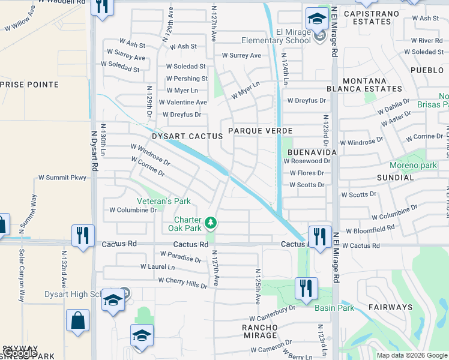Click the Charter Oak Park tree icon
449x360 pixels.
(x=210, y=223)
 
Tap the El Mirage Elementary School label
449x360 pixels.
(x=276, y=36)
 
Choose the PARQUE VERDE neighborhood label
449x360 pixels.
(x=260, y=130)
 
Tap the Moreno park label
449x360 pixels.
(x=413, y=165)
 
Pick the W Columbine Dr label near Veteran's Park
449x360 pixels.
(x=133, y=210)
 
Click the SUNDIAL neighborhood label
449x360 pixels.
(x=396, y=178)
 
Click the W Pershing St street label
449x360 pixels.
(x=187, y=79)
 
